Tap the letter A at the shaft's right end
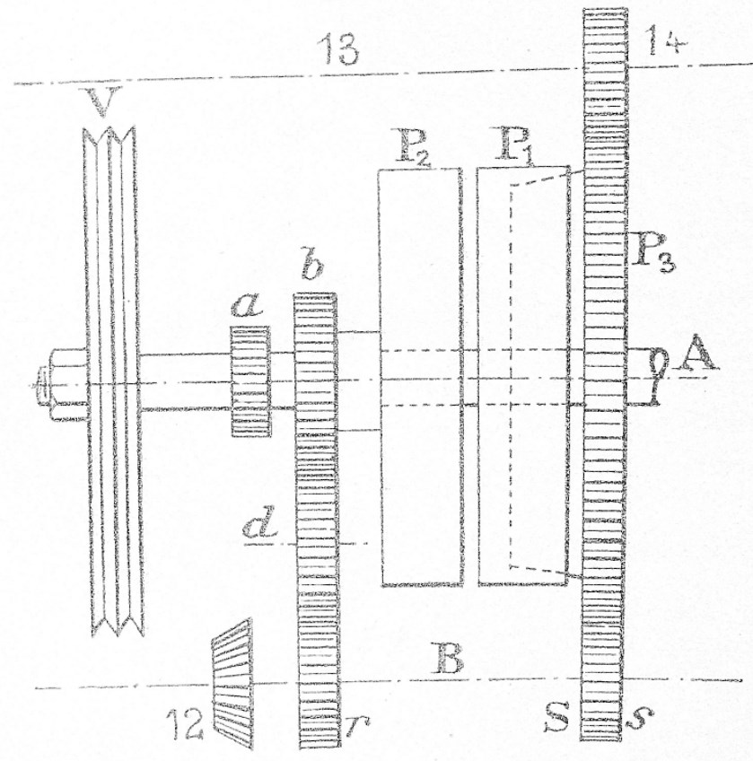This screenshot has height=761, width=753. pyautogui.click(x=697, y=358)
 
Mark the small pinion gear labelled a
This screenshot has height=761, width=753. pyautogui.click(x=250, y=381)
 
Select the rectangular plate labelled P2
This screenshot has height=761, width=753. pyautogui.click(x=420, y=377)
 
